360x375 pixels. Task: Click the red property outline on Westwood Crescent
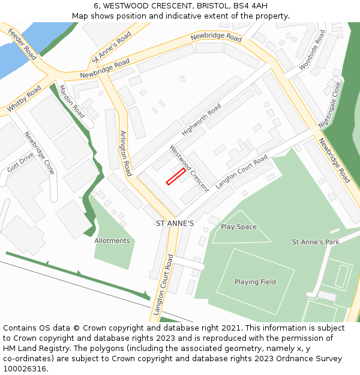(x=175, y=176)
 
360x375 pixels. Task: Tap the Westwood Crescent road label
(x=189, y=168)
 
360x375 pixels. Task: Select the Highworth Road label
(x=202, y=120)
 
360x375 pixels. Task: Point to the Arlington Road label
(x=125, y=153)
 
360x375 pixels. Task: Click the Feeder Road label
(x=23, y=43)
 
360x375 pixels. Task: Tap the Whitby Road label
(x=24, y=98)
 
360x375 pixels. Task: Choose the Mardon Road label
(x=71, y=101)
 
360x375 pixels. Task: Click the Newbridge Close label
(x=40, y=153)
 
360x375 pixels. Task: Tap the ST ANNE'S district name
(x=175, y=223)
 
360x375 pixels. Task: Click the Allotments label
(x=112, y=241)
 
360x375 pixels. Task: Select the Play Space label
(x=239, y=227)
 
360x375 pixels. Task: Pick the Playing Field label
(x=255, y=282)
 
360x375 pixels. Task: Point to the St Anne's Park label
(x=316, y=242)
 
